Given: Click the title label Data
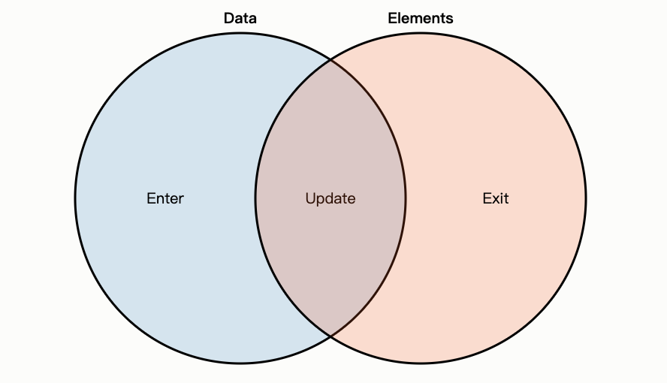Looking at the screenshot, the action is click(240, 18).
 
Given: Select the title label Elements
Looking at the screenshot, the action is click(420, 18).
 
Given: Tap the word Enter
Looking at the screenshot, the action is click(164, 198).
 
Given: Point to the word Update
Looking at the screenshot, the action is click(330, 198).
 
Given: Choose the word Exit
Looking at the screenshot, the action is click(495, 198).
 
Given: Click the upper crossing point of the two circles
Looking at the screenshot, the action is click(330, 60).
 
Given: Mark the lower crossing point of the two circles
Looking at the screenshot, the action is click(330, 336).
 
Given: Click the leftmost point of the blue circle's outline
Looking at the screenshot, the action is click(75, 198).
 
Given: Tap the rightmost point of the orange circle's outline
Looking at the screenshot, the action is click(586, 198).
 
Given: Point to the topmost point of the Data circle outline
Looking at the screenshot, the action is click(240, 33).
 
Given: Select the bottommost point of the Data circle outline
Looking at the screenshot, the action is click(240, 363).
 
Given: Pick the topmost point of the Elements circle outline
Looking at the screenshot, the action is click(421, 33).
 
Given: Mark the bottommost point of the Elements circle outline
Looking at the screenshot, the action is click(421, 363).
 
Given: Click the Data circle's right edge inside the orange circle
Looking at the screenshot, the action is click(406, 198).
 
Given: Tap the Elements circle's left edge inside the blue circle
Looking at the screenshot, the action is click(255, 198).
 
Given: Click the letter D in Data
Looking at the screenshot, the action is click(229, 18).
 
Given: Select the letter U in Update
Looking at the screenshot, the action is click(310, 198).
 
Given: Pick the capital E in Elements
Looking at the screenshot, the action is click(392, 18).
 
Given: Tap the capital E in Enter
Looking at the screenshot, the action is click(151, 198).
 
